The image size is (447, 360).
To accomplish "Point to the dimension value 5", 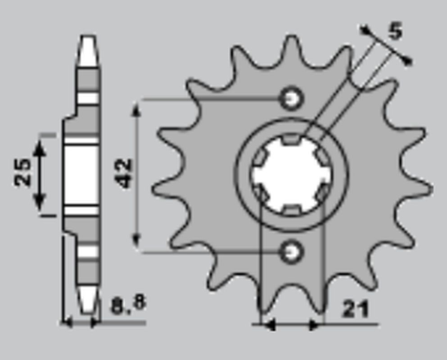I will click(394, 34).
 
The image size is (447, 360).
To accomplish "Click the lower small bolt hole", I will click(292, 251).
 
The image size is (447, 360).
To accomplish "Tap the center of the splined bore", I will click(292, 174).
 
